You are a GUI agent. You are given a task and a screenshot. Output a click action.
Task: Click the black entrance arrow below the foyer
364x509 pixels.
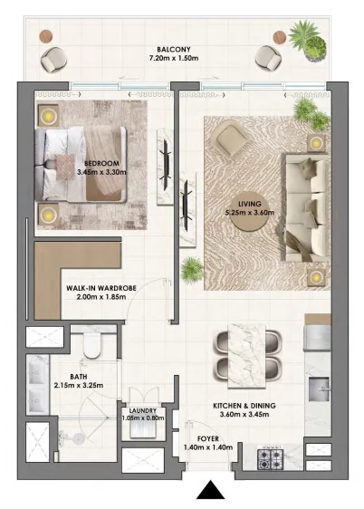[210, 490]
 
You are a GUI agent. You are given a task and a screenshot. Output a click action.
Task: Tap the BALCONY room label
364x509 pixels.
[174, 50]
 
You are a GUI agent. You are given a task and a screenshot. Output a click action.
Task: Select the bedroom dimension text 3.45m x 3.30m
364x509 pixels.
[101, 172]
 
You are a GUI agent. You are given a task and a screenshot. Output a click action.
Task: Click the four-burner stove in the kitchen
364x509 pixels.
[270, 459]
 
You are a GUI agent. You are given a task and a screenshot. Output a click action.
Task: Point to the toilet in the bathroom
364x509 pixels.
[92, 345]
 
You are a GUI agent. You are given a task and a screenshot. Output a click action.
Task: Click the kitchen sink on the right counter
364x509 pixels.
[319, 389]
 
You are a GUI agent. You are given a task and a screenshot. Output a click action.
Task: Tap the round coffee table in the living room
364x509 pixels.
[250, 216]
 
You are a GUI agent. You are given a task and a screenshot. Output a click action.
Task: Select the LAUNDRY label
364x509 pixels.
[143, 410]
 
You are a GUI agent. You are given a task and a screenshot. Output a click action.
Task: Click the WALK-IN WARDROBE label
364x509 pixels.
[101, 288]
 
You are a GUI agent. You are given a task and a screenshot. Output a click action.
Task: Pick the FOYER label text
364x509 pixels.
[208, 439]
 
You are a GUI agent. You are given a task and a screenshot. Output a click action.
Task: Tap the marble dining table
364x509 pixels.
[246, 355]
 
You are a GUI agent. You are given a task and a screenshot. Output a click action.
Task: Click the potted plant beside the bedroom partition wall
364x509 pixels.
[191, 269]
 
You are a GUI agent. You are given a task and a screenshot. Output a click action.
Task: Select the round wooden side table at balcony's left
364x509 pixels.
[46, 36]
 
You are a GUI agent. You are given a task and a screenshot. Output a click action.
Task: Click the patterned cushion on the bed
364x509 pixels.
[65, 167]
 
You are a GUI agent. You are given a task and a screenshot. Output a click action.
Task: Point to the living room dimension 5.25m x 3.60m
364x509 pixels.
[250, 213]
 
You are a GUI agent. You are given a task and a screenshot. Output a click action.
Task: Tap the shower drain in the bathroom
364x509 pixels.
[78, 439]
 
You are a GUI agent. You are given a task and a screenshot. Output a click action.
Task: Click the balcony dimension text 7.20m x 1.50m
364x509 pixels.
[174, 59]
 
